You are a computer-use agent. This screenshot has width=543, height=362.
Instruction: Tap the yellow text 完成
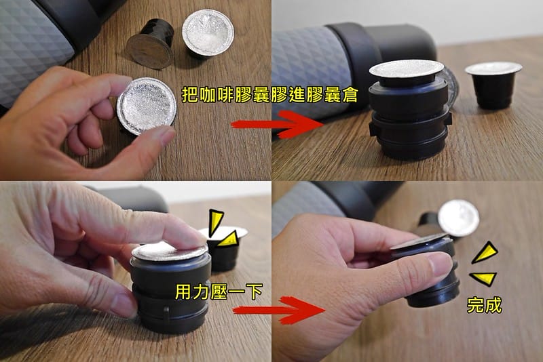pyautogui.click(x=485, y=304)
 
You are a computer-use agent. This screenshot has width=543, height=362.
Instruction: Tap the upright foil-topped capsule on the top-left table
pyautogui.click(x=208, y=36)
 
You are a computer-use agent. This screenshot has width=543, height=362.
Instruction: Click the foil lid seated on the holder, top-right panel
pyautogui.click(x=407, y=70)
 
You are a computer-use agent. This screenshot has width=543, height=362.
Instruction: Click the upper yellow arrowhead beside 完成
pyautogui.click(x=485, y=254)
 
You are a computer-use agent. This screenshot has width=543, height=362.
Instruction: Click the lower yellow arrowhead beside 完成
pyautogui.click(x=484, y=278)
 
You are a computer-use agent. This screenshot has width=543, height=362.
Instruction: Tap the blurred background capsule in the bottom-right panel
pyautogui.click(x=457, y=218)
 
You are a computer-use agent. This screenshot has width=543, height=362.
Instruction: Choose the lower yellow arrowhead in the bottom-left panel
pyautogui.click(x=229, y=237)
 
